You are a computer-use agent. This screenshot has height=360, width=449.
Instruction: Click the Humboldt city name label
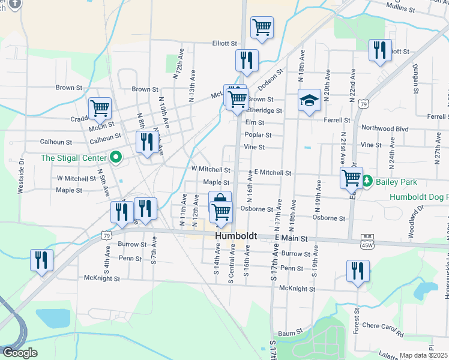click(x=236, y=237)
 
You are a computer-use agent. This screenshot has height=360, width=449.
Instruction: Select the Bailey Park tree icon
click(x=367, y=180)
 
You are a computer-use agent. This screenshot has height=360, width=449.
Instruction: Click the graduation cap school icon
click(x=310, y=100)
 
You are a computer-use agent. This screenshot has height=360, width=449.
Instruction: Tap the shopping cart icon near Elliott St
click(x=262, y=26)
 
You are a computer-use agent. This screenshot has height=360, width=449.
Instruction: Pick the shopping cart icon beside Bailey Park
click(x=351, y=177)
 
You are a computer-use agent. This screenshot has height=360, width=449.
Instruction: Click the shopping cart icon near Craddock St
click(x=100, y=108)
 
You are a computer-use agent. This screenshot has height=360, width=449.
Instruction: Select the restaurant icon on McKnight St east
click(x=358, y=271)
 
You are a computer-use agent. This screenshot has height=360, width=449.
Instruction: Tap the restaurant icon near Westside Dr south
click(x=41, y=260)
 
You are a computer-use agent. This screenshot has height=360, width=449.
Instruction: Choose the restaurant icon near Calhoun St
click(x=147, y=142)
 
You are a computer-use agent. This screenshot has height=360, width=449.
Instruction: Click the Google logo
click(x=20, y=353)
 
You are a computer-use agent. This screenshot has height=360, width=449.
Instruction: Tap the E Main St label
click(x=291, y=238)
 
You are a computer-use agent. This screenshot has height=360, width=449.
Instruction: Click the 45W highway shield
click(x=367, y=244)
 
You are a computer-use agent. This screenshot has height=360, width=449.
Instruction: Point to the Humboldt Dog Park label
click(x=418, y=197)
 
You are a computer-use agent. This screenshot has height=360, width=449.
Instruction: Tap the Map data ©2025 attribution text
click(x=424, y=355)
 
